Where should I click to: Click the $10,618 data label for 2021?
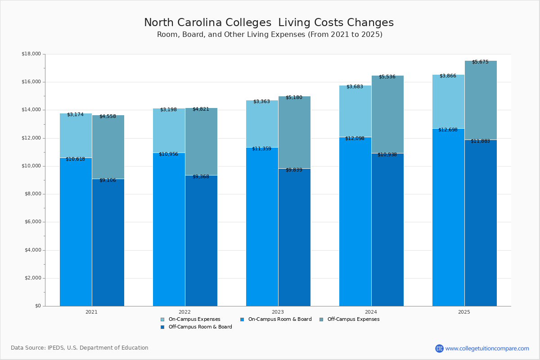click(75, 159)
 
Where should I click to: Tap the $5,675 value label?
click(480, 62)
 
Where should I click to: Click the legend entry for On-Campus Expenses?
click(194, 319)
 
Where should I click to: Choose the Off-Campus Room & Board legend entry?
click(200, 327)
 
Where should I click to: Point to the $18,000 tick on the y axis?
click(31, 54)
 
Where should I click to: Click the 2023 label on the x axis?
click(278, 312)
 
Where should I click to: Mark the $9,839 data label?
click(294, 170)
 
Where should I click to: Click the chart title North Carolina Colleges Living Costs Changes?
click(269, 23)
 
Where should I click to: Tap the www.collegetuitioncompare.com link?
click(487, 348)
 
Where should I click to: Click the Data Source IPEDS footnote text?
click(80, 348)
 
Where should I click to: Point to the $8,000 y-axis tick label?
click(32, 194)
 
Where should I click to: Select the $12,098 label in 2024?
click(355, 138)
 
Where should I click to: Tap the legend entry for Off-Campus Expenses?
click(353, 319)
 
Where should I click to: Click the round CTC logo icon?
click(439, 348)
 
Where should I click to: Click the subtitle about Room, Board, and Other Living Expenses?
click(270, 35)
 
